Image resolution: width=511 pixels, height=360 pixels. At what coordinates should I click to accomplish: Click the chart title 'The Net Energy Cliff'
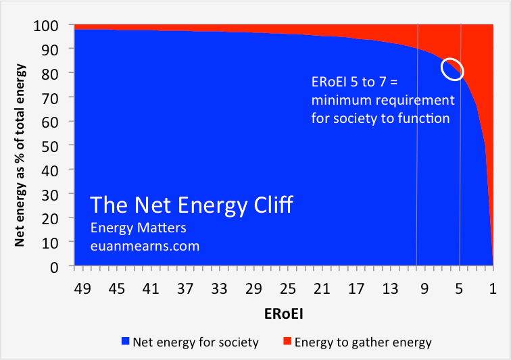tap(192, 205)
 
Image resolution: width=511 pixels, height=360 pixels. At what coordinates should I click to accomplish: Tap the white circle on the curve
tap(452, 68)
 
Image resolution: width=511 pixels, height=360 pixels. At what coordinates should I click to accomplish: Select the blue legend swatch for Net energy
tap(125, 342)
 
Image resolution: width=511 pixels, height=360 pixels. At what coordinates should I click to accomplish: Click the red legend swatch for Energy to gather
tap(287, 342)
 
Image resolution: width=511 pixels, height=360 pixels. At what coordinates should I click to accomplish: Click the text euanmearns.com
tap(145, 246)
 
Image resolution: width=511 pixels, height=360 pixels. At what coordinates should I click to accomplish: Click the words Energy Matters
tap(139, 228)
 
